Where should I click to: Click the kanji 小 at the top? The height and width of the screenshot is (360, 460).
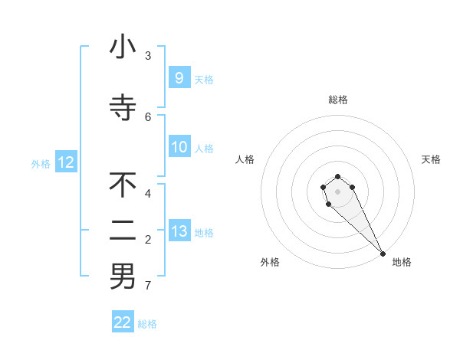123,47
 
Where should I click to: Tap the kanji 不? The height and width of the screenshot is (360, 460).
123,185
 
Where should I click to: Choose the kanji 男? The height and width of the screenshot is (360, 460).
123,277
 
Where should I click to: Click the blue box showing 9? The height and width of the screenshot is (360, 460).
179,77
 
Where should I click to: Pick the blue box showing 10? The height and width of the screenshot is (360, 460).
179,147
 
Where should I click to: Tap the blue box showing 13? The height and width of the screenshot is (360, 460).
179,231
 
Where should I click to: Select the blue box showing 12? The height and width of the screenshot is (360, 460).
65,162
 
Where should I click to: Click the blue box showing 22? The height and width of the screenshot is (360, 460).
123,322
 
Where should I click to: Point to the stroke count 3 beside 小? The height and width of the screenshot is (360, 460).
148,56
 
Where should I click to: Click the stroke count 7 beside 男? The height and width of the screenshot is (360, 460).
148,286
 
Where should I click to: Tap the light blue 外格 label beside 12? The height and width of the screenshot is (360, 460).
41,163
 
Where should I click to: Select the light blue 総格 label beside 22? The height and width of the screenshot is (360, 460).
147,324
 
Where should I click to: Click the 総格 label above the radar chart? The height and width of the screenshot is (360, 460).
338,100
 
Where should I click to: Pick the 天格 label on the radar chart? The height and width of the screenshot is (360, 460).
431,159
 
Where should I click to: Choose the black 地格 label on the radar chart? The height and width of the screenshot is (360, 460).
402,262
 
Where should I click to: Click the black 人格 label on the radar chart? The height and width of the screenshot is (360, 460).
245,159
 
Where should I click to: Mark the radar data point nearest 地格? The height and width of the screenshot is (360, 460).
383,254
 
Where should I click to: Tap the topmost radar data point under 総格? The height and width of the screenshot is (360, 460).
337,176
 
